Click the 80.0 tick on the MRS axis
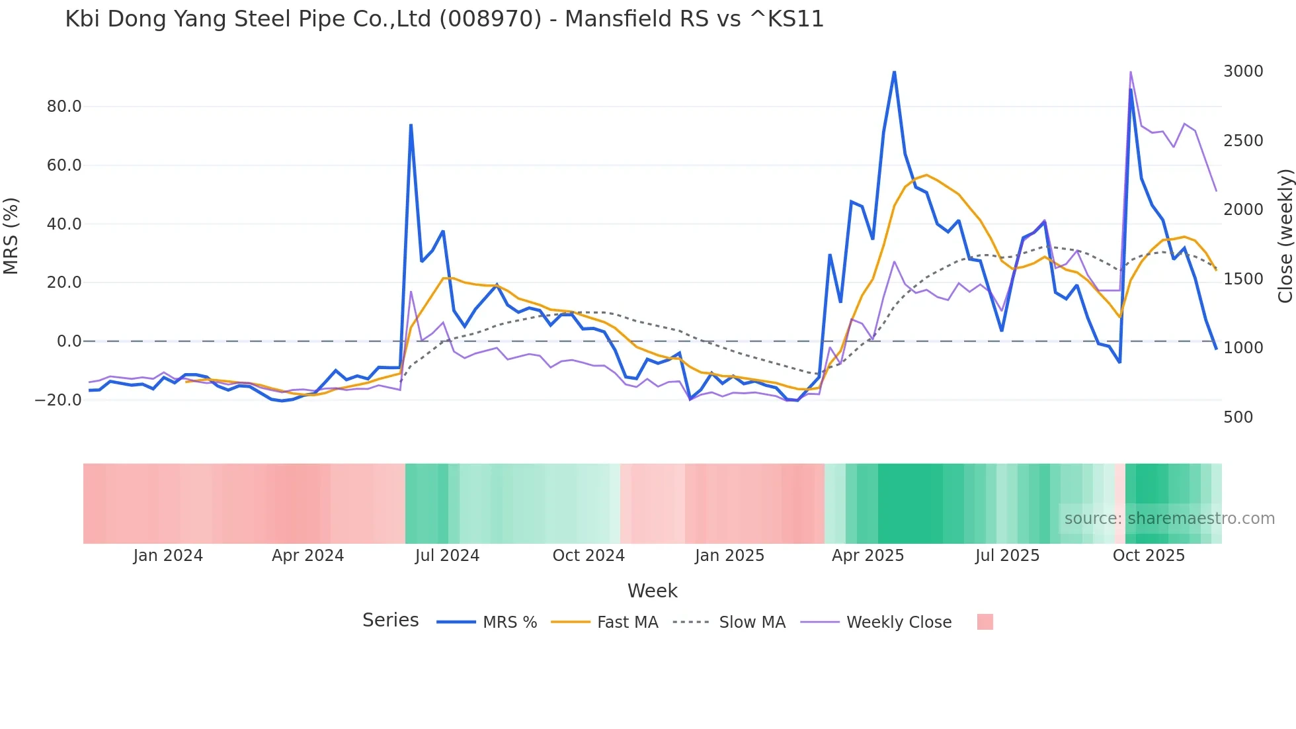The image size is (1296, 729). [x=64, y=107]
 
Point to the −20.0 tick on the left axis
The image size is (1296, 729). [x=58, y=400]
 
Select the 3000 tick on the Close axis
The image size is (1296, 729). [x=1242, y=71]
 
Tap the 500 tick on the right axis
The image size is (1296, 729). [x=1238, y=417]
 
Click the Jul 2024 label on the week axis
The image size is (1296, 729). [x=447, y=556]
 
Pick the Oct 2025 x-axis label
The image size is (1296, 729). [x=1149, y=556]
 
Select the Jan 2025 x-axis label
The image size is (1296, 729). [x=729, y=556]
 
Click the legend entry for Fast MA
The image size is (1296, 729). [x=627, y=622]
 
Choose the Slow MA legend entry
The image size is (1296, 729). [x=752, y=622]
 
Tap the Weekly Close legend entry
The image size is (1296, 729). [x=899, y=622]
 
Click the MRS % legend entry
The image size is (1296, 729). [x=509, y=622]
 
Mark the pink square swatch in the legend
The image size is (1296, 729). [x=985, y=622]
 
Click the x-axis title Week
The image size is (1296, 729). [x=652, y=591]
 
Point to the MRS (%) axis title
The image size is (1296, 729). [x=11, y=236]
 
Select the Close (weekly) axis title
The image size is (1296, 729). [x=1285, y=236]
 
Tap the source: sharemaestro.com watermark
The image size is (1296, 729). [x=1169, y=519]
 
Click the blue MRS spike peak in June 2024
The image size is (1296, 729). [x=411, y=125]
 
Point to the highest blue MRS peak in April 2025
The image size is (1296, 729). [x=894, y=72]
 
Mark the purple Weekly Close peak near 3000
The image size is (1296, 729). [x=1131, y=72]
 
